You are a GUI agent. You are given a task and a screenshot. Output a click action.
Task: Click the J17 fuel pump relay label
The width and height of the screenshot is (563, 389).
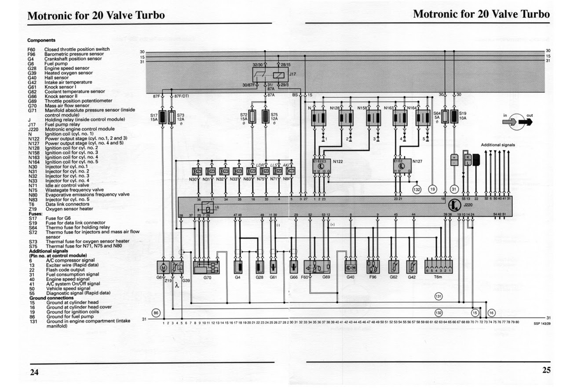293,75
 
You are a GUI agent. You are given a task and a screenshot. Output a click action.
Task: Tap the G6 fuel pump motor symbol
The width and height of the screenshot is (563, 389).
163,267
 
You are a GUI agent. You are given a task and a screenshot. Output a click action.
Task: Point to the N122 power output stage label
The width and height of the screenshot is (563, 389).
338,161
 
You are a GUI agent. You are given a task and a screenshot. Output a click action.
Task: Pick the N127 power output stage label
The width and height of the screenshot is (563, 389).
417,161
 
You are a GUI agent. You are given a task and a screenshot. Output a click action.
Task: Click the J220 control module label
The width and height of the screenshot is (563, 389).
468,205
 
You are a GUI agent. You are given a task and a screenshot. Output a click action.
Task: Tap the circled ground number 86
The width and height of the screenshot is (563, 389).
155,313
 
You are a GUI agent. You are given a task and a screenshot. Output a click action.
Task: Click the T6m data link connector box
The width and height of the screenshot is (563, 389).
438,267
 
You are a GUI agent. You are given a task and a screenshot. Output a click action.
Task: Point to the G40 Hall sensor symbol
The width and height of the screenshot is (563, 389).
351,267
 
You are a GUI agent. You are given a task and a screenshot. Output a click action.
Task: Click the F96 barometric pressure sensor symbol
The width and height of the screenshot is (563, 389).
373,267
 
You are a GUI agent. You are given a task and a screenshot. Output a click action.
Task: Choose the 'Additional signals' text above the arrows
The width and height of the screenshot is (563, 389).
497,145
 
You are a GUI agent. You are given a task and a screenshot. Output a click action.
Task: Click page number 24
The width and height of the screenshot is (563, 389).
34,372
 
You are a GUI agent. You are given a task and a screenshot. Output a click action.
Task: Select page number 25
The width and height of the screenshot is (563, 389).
546,370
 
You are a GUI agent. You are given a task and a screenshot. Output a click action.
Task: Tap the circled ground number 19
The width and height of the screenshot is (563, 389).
433,189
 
